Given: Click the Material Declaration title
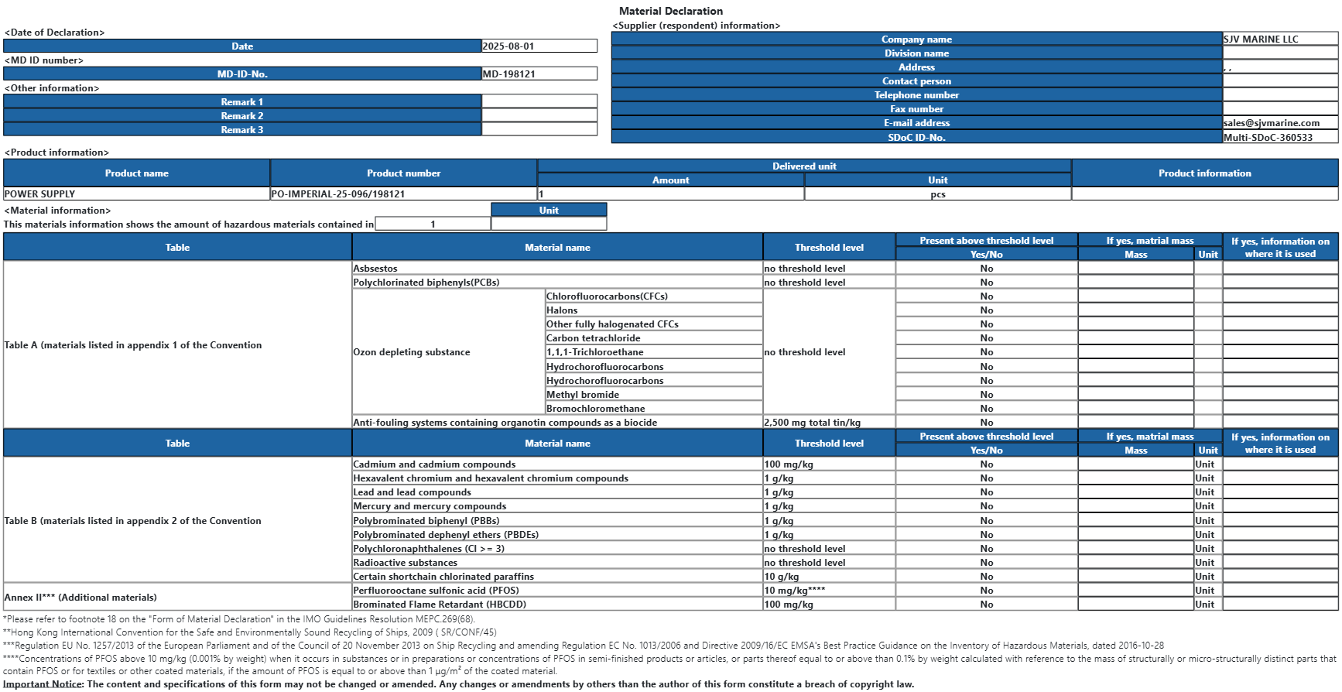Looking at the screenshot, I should pyautogui.click(x=670, y=11).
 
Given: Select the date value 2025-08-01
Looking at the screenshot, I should pyautogui.click(x=508, y=46).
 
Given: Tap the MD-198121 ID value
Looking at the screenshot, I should pyautogui.click(x=509, y=74).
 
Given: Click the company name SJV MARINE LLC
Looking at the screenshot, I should pyautogui.click(x=1261, y=39).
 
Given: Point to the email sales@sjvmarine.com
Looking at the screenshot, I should pyautogui.click(x=1272, y=123).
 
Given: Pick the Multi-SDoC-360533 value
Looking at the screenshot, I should pyautogui.click(x=1268, y=138).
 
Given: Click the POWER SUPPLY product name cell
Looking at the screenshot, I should pyautogui.click(x=40, y=194).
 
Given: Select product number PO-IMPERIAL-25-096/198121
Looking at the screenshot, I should pyautogui.click(x=338, y=194).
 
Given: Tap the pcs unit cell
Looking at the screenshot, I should pyautogui.click(x=938, y=194).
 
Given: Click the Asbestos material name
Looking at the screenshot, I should pyautogui.click(x=375, y=269).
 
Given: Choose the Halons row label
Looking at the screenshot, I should pyautogui.click(x=562, y=310).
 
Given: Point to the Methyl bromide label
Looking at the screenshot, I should pyautogui.click(x=583, y=395).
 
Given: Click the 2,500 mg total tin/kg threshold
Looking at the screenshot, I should pyautogui.click(x=812, y=423).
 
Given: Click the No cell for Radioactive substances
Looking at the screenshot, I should pyautogui.click(x=987, y=563).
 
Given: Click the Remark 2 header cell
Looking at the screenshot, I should pyautogui.click(x=242, y=116).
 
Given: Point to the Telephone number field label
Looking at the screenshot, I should pyautogui.click(x=916, y=95).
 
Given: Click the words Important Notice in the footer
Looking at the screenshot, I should pyautogui.click(x=43, y=684).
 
